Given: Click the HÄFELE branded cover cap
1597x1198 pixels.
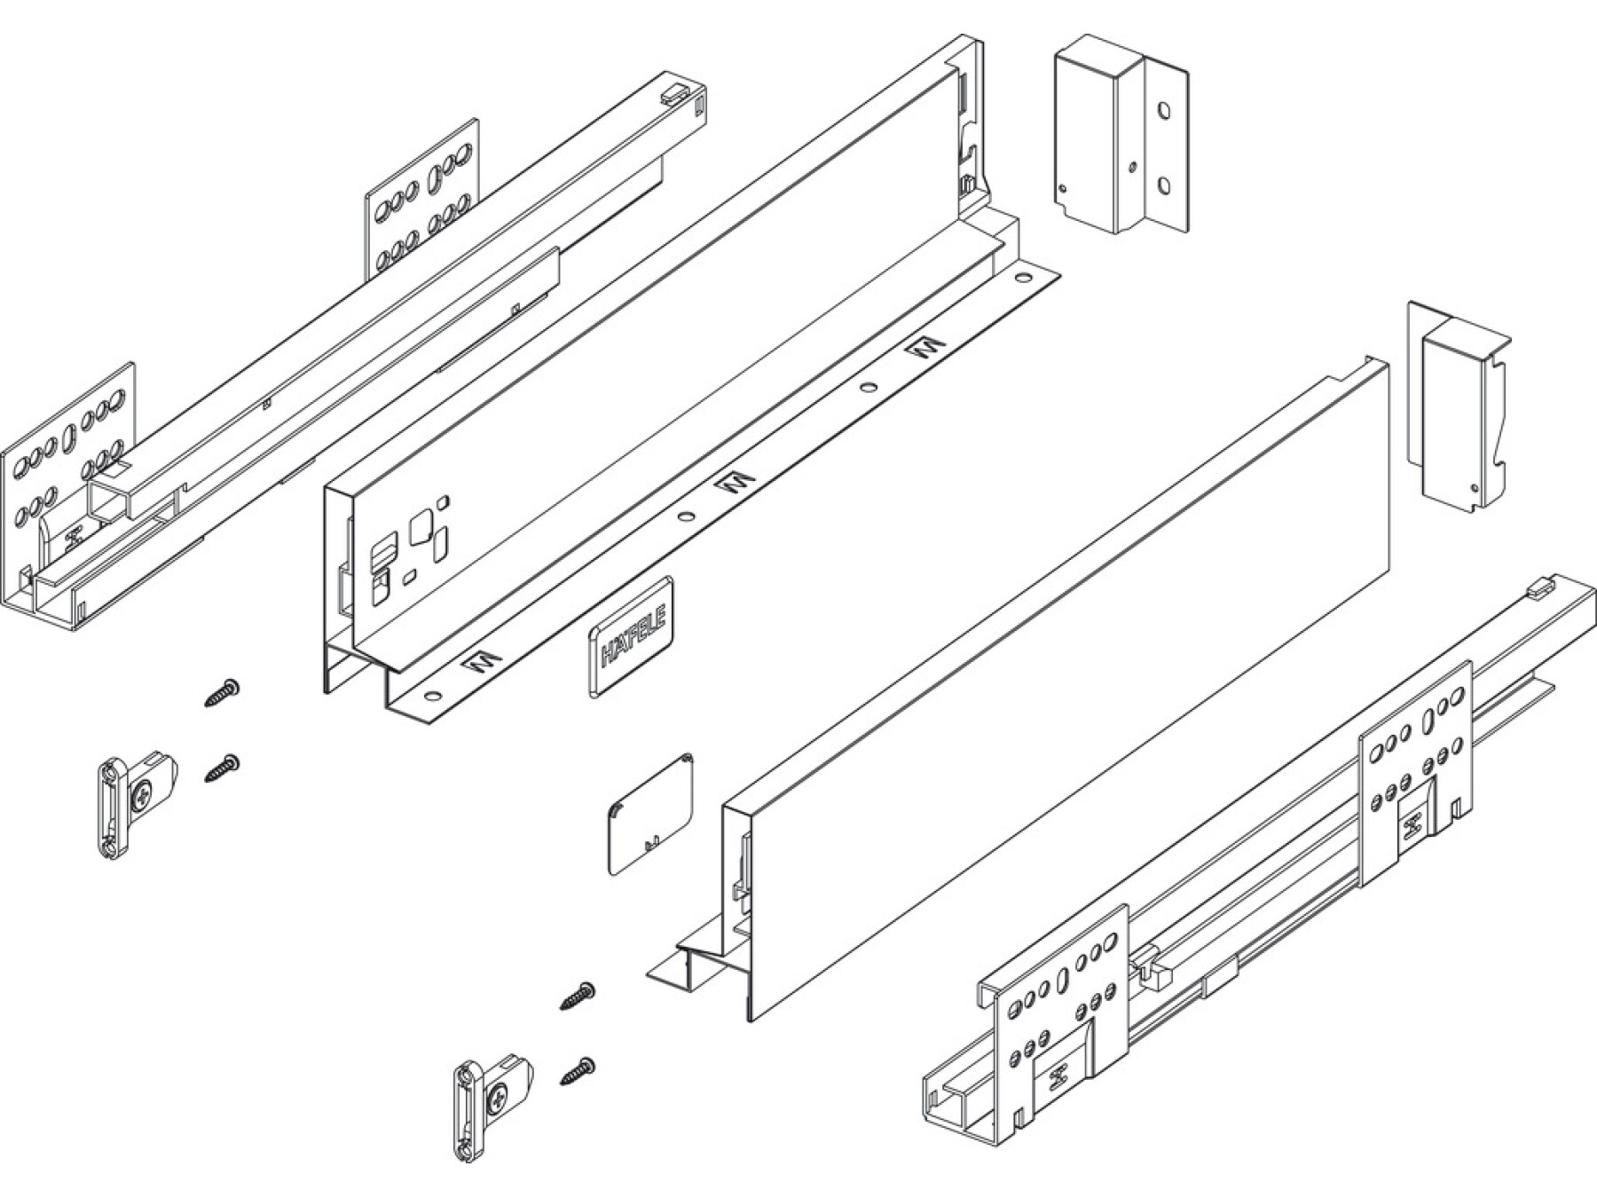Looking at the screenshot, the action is [x=631, y=634].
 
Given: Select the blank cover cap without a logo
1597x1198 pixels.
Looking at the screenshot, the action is [x=650, y=815].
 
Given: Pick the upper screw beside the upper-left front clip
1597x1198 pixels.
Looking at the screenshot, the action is [x=223, y=692].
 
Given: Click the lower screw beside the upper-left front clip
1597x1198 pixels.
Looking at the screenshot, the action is [x=223, y=768].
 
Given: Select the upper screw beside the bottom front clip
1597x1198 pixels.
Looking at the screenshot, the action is [x=578, y=995].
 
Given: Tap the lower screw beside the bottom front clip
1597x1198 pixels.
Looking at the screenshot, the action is [x=578, y=1071].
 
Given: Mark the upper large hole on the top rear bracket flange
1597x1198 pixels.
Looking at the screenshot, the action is [x=1164, y=111].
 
